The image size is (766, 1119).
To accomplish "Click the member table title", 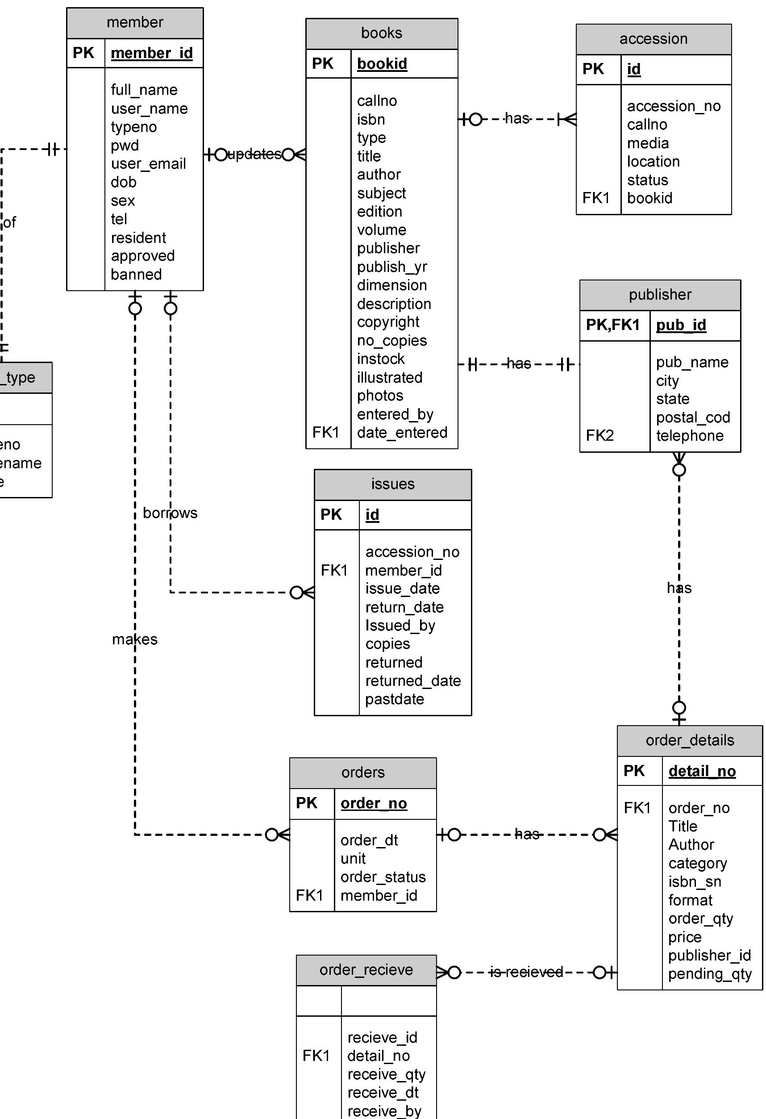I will [x=135, y=23].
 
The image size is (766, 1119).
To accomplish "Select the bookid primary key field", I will [x=382, y=64].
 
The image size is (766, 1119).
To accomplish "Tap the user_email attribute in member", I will [x=148, y=164].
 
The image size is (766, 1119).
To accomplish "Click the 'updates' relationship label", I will [x=254, y=154].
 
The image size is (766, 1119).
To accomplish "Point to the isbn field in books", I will [x=371, y=119].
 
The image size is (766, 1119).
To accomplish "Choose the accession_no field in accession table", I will [x=673, y=106].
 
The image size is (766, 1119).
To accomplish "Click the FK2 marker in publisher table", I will [x=599, y=435].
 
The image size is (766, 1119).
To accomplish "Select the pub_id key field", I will [x=681, y=325].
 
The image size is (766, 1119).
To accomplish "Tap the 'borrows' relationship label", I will [x=170, y=513].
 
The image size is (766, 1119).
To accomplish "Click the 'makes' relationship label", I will [x=135, y=639].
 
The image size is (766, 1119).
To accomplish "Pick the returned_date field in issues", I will [x=412, y=681].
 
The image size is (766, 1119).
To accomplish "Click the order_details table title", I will [x=690, y=740].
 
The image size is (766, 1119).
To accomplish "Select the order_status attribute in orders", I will [x=383, y=877].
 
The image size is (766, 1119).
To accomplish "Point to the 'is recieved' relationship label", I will [x=526, y=972].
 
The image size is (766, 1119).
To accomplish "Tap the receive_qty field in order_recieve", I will [x=386, y=1074].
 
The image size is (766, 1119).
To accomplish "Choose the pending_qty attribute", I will [x=709, y=974].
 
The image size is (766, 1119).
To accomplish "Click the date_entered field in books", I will [x=402, y=432].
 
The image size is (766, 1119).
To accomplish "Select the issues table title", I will [x=392, y=484].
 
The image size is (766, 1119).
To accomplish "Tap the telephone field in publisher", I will [x=690, y=436].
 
